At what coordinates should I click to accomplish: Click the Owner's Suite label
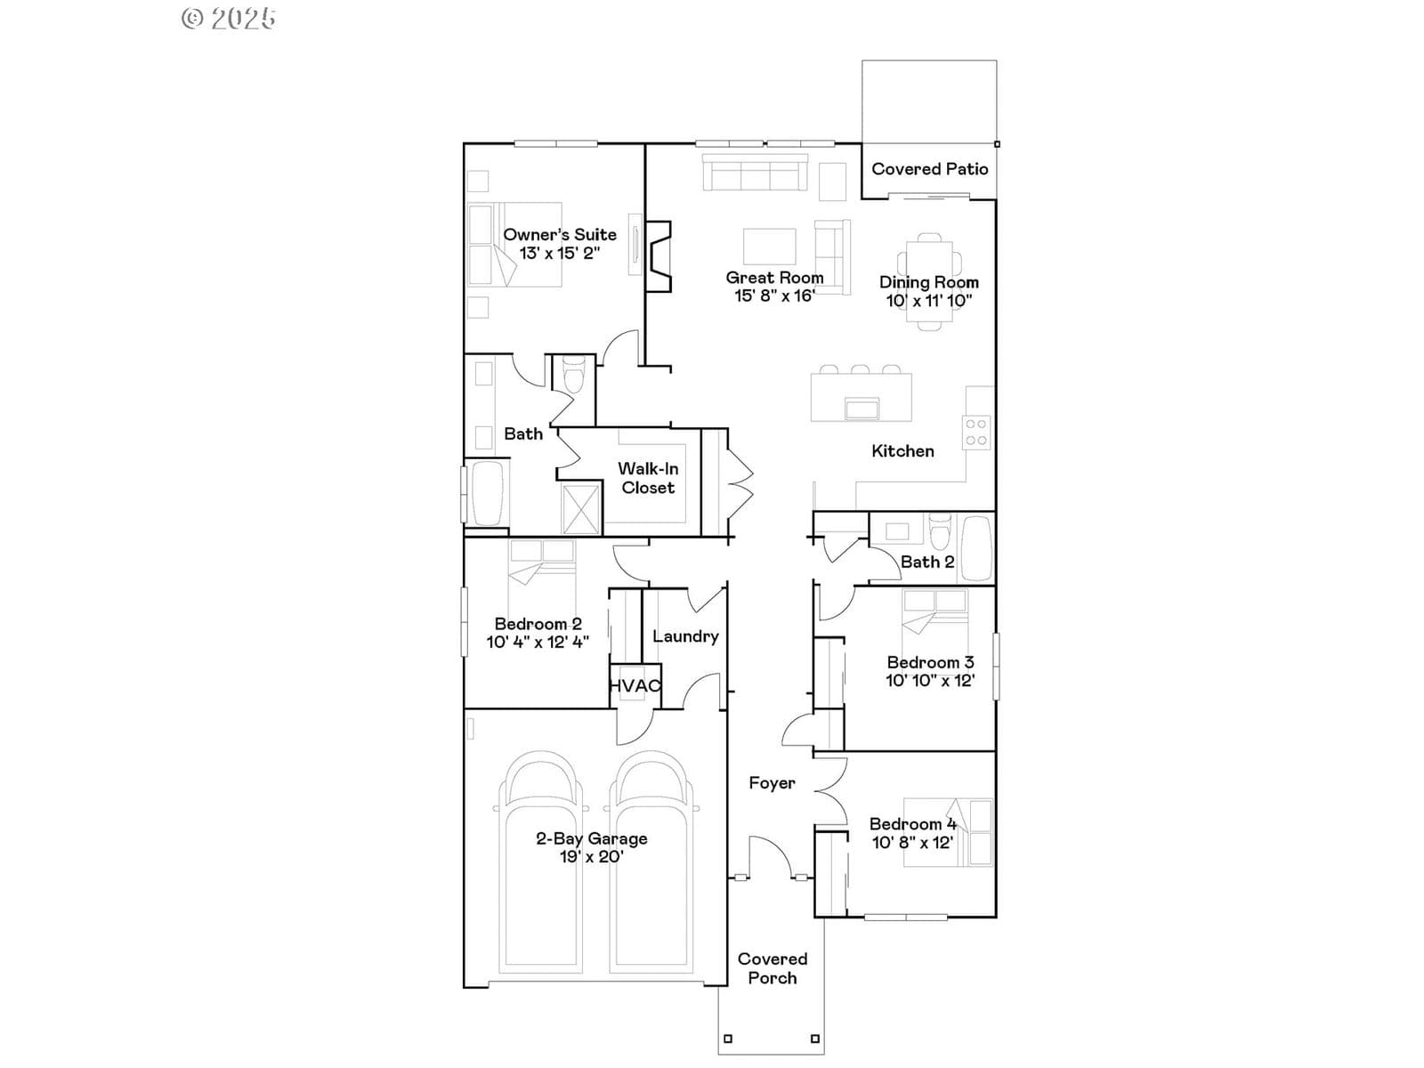point(559,234)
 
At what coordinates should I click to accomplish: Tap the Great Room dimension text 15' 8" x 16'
point(774,295)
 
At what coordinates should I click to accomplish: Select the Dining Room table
point(929,281)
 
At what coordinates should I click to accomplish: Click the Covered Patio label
point(930,168)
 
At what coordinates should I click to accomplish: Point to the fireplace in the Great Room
point(658,256)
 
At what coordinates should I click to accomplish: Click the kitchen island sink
point(862,409)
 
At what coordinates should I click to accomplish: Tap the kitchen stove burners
point(976,432)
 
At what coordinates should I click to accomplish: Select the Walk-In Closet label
point(648,478)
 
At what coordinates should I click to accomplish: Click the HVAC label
point(635,685)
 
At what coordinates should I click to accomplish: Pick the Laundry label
point(685,636)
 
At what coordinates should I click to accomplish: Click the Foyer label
point(772,782)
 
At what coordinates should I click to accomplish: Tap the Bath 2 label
point(927,562)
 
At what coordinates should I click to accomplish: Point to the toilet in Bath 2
point(939,531)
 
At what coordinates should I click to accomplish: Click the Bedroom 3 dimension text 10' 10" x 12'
point(930,680)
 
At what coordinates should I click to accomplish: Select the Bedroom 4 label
point(913,823)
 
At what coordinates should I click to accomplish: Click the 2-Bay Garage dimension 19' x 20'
point(591,856)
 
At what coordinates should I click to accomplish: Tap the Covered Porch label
point(772,968)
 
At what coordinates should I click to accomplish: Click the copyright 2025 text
point(229,18)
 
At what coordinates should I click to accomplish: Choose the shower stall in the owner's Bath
point(581,508)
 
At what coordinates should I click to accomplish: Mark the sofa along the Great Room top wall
point(755,173)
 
